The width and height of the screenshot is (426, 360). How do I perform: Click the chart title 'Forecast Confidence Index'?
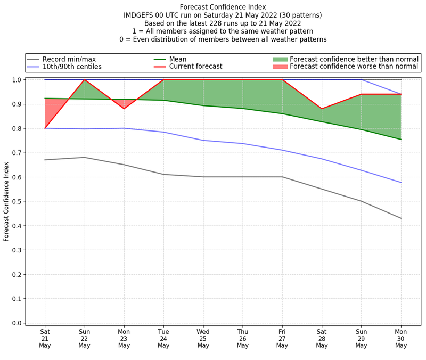pos(223,7)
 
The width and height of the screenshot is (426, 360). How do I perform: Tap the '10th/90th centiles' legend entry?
pos(72,67)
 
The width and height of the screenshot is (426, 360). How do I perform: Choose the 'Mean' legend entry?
pos(178,59)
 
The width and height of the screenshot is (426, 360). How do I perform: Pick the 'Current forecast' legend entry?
pos(195,67)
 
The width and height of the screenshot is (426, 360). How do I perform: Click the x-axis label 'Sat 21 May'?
pos(45,338)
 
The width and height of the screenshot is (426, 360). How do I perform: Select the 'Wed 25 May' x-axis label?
pos(203,338)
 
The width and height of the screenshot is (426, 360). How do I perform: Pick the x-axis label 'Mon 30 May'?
pos(401,338)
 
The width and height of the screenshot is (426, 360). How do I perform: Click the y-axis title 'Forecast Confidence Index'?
pos(7,201)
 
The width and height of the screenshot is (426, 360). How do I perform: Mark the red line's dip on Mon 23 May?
pos(124,109)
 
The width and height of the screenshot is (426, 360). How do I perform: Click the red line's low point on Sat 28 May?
pos(322,109)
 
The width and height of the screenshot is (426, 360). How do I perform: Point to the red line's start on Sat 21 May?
pos(45,128)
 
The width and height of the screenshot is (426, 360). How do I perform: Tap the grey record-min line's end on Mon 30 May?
pos(401,218)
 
